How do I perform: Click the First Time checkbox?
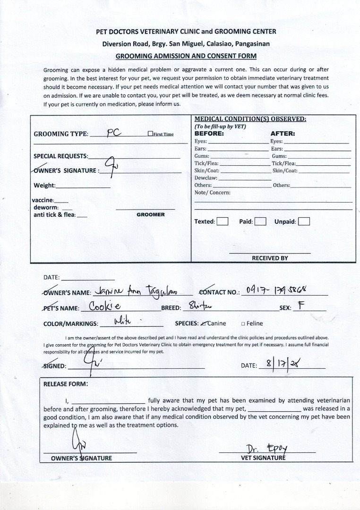(x=150, y=134)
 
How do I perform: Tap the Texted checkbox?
(x=223, y=221)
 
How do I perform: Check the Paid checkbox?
(x=260, y=221)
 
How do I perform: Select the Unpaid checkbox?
(x=304, y=221)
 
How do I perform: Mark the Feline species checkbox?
(x=243, y=324)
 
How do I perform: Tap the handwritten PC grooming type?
(x=114, y=133)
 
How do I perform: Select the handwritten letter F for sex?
(x=300, y=306)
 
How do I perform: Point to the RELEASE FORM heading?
(x=65, y=384)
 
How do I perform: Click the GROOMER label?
(x=150, y=214)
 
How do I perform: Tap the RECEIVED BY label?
(x=270, y=258)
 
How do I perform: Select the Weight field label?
(x=44, y=186)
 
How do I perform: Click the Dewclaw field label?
(x=206, y=178)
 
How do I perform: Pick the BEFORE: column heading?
(x=209, y=134)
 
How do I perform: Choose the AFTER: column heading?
(x=283, y=134)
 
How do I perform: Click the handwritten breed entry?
(x=200, y=307)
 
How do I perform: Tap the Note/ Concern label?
(x=213, y=193)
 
